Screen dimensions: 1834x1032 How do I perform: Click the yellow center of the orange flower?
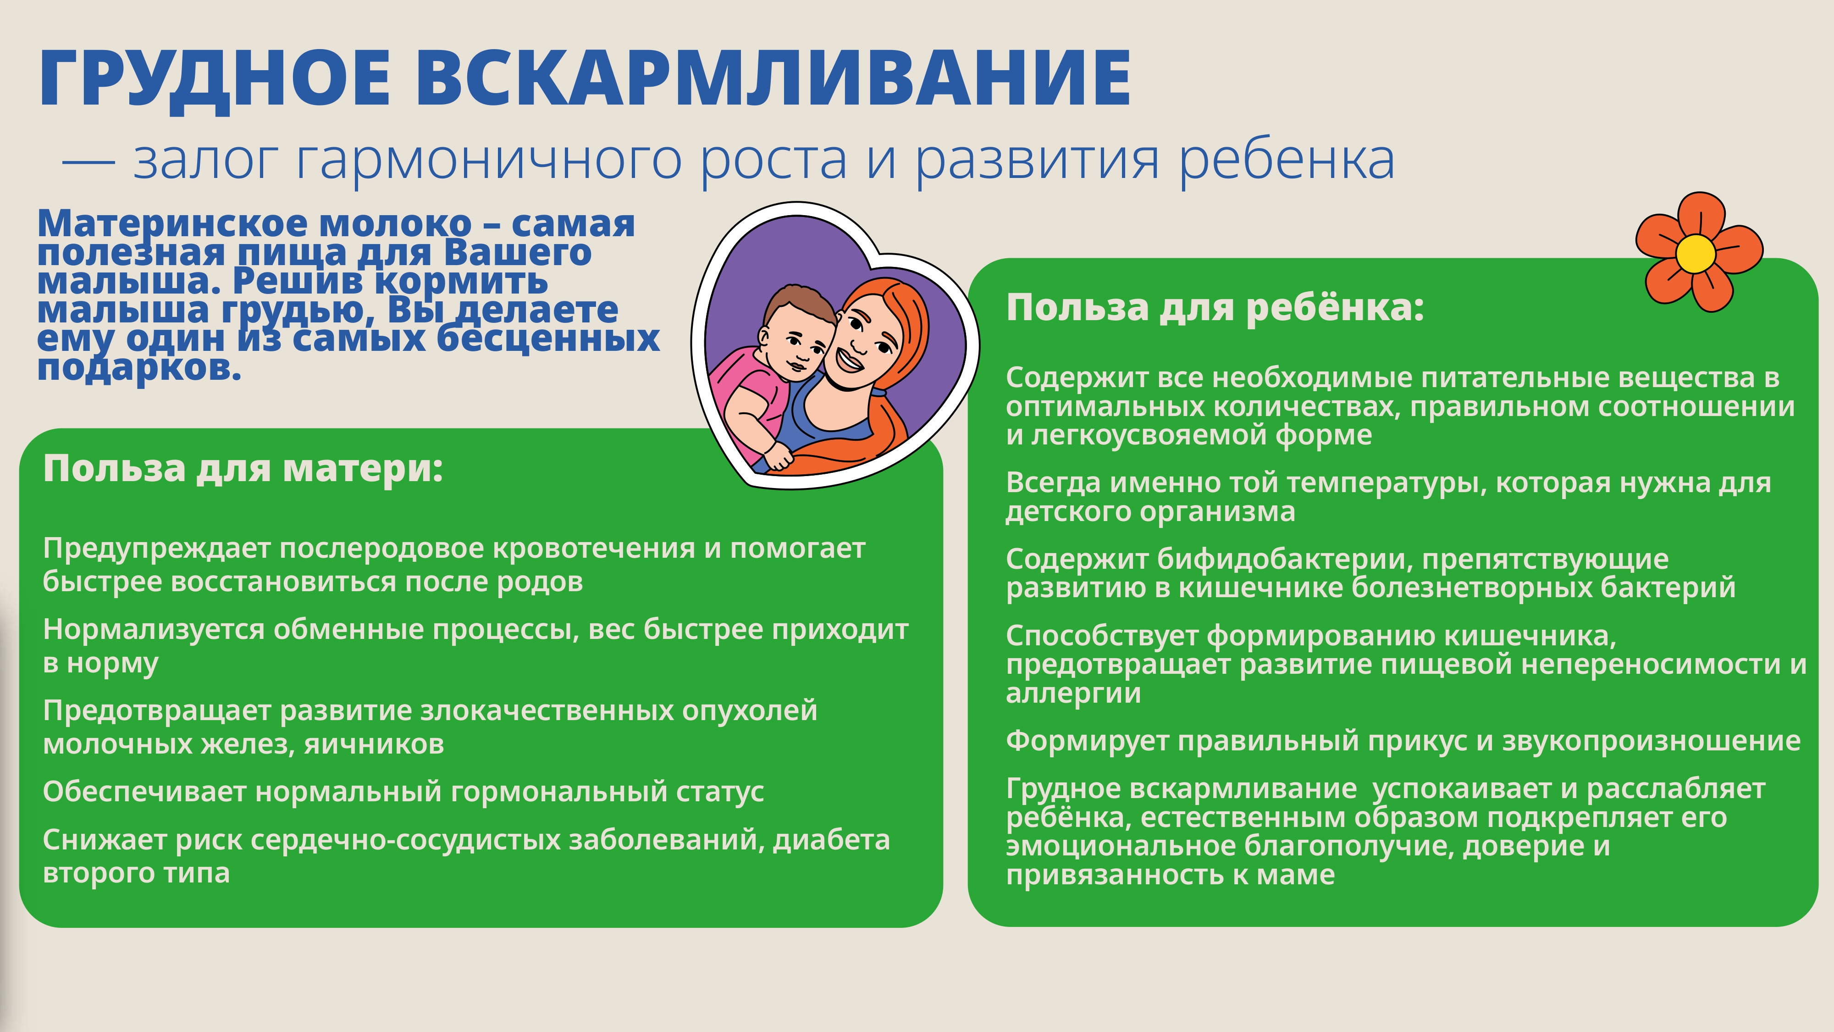pos(1696,253)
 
